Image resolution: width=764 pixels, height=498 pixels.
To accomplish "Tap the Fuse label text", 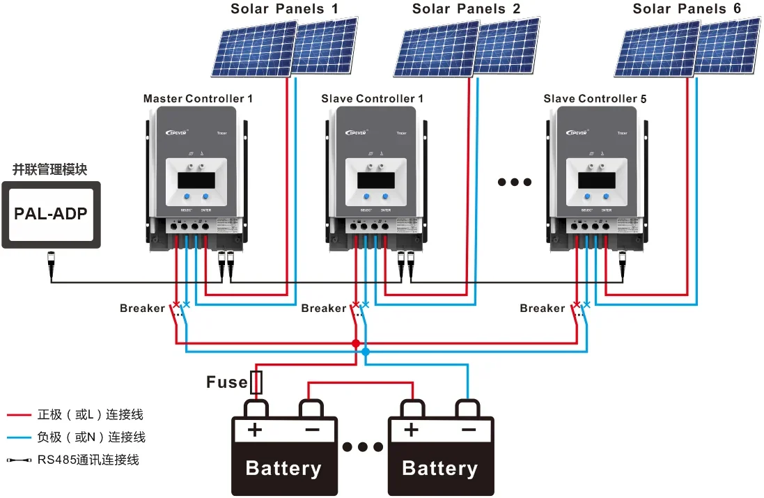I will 226,382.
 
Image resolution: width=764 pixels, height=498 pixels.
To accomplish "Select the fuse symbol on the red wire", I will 256,382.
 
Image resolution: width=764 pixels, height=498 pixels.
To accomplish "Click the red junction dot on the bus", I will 356,343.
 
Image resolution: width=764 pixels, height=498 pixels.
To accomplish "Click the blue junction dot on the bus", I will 366,352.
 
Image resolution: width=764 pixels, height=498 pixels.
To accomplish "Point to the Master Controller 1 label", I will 198,99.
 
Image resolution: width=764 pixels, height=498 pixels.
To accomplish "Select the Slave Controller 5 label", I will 595,99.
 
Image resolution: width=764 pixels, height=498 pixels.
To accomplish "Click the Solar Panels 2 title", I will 466,9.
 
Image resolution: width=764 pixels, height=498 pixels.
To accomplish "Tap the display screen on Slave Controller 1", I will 376,180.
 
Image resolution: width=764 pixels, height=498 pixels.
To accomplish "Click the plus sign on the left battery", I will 255,430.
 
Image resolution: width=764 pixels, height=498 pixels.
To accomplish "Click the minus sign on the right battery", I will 467,430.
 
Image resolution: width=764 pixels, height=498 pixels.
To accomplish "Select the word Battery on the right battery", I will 439,468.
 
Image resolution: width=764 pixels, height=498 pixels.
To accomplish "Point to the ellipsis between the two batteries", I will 362,447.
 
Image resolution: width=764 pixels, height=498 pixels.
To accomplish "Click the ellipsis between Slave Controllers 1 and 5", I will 515,182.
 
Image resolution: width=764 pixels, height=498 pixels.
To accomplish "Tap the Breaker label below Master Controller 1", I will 142,308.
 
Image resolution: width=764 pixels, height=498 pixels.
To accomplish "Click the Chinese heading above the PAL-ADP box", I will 50,169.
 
